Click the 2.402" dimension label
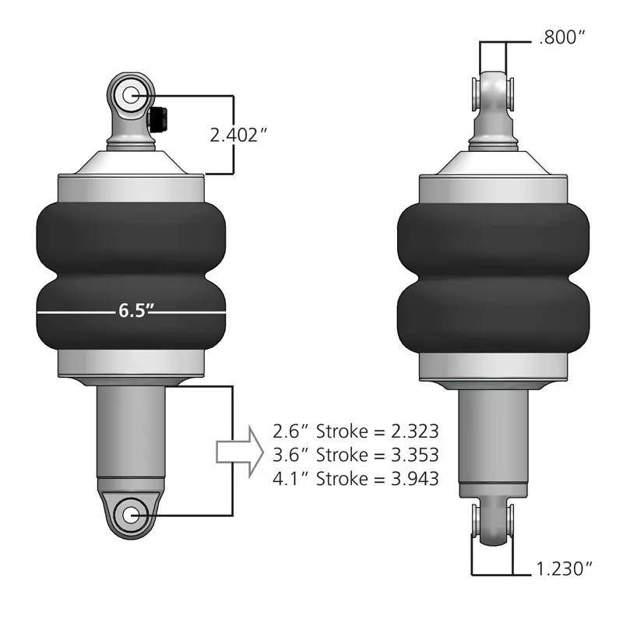pos(239,134)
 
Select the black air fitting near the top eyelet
pos(157,118)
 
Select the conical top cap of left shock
pos(130,162)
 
